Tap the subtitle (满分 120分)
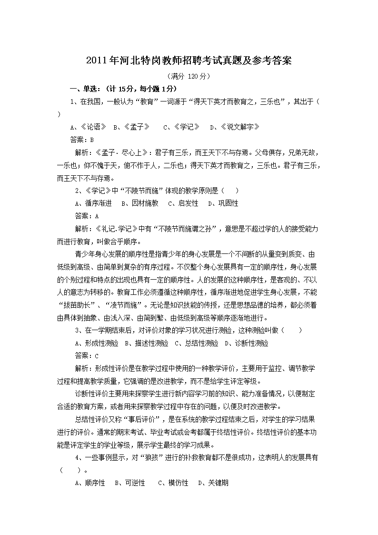pos(189,76)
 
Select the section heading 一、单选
pos(123,89)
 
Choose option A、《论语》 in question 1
pos(88,127)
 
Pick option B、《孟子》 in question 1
pos(131,127)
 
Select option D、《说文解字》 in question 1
pos(235,127)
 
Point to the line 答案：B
pos(85,140)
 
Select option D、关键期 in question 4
pos(213,483)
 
